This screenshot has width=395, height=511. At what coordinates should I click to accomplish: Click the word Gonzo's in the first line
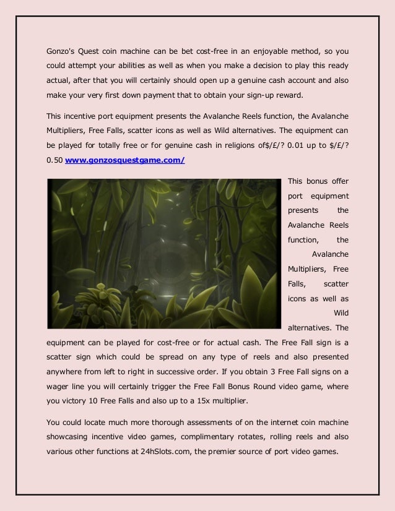(62, 49)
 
